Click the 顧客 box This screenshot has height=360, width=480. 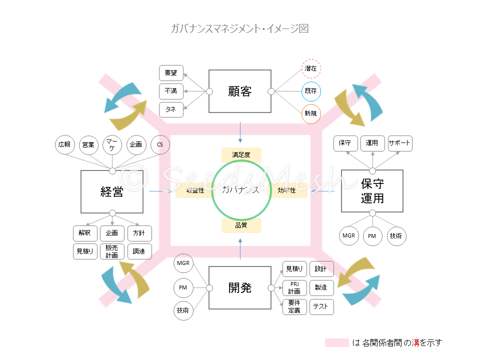(240, 91)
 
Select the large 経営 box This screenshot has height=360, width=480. (112, 191)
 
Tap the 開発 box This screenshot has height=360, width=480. (240, 287)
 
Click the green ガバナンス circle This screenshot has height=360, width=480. (241, 189)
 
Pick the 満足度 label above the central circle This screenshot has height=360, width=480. (241, 155)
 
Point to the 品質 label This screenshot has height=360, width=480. (241, 225)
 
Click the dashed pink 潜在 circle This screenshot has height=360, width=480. (311, 68)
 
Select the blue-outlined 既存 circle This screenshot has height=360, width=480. (311, 91)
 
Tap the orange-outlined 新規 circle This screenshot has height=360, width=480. (311, 113)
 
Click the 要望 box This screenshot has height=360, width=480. (171, 73)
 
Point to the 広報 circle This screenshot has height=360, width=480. (64, 145)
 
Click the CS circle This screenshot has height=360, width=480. (160, 145)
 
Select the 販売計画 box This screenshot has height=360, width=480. (112, 251)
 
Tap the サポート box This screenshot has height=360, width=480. (399, 143)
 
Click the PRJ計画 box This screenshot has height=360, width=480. (294, 288)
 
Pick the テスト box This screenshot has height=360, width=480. (321, 306)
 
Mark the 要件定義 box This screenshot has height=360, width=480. (294, 306)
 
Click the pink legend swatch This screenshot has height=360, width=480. (336, 343)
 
